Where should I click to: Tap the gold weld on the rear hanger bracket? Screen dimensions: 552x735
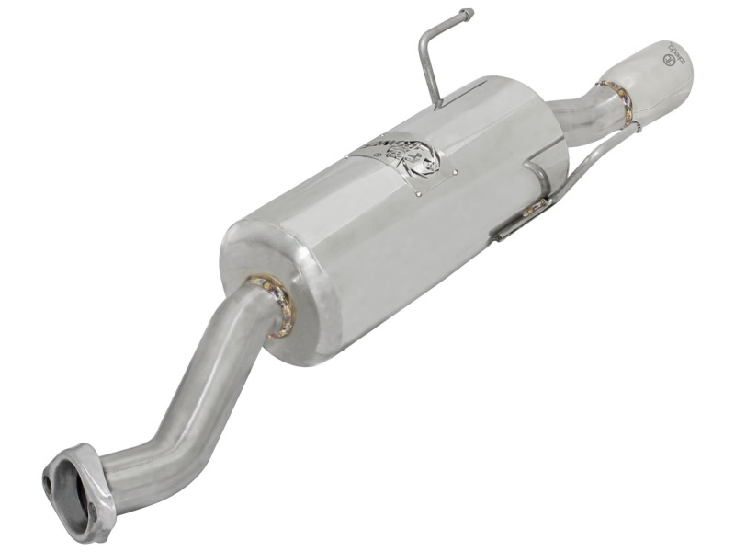coord(533,212)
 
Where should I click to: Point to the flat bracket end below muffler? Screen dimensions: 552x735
coord(504,231)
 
